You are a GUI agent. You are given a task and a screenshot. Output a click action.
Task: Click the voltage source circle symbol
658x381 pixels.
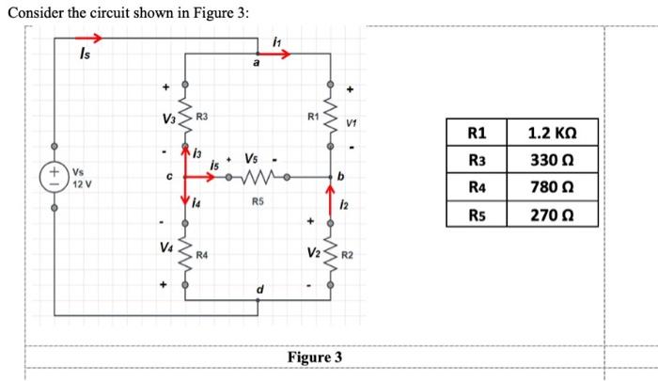[x=54, y=176]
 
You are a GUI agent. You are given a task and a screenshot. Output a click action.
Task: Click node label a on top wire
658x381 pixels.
[x=257, y=64]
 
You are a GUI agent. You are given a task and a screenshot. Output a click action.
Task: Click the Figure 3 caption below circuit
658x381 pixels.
[x=315, y=357]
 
